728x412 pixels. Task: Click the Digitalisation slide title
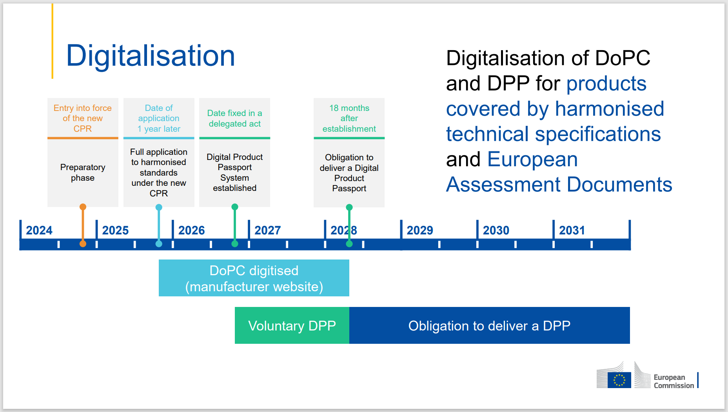(151, 56)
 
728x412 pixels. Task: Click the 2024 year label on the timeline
(39, 230)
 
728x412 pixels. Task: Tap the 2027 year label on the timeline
(267, 230)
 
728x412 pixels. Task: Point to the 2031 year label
(572, 230)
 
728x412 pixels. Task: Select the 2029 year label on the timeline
(419, 230)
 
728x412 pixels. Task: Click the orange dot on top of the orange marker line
(83, 207)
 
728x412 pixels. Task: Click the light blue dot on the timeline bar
(159, 244)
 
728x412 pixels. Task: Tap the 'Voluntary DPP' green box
(292, 325)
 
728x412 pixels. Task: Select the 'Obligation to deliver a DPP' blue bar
(489, 325)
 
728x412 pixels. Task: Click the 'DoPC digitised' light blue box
(254, 278)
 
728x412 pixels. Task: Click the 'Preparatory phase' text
(83, 172)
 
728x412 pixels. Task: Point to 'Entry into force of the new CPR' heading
(83, 118)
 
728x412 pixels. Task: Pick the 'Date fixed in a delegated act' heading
(234, 118)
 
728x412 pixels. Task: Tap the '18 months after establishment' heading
(349, 118)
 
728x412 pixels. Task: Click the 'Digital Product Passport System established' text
(234, 172)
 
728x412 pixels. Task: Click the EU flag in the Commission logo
(619, 380)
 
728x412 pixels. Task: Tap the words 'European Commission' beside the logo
(673, 381)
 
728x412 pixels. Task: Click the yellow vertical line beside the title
(52, 41)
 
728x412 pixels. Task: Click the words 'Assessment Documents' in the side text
(559, 184)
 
